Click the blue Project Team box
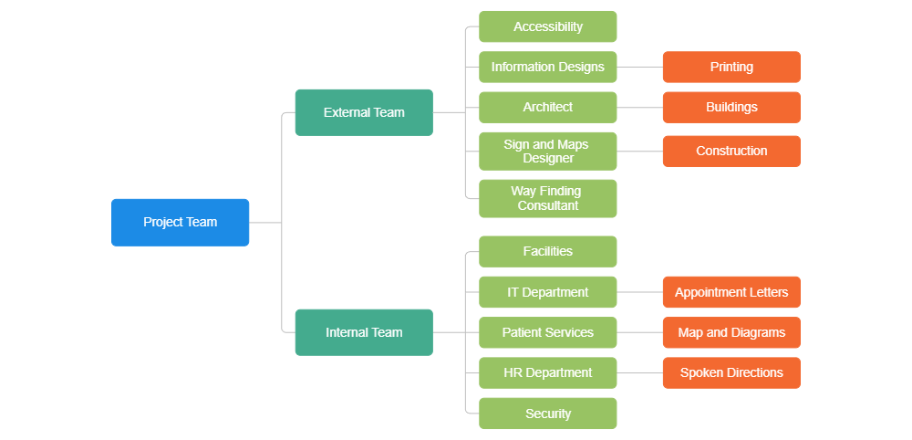(x=180, y=222)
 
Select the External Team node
(x=364, y=112)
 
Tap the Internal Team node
(x=364, y=332)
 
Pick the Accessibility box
(x=547, y=26)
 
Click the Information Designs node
(x=547, y=67)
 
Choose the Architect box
(x=547, y=107)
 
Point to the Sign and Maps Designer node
(x=547, y=151)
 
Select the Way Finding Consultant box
(x=547, y=198)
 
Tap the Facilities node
(x=547, y=251)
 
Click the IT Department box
(x=547, y=292)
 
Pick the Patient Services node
(x=547, y=332)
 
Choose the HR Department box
(x=547, y=372)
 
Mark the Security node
(x=547, y=414)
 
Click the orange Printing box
(x=731, y=67)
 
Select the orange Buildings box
(x=731, y=107)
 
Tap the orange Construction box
(x=731, y=151)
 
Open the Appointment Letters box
(x=731, y=292)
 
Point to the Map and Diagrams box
(x=731, y=332)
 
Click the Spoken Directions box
(x=731, y=372)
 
